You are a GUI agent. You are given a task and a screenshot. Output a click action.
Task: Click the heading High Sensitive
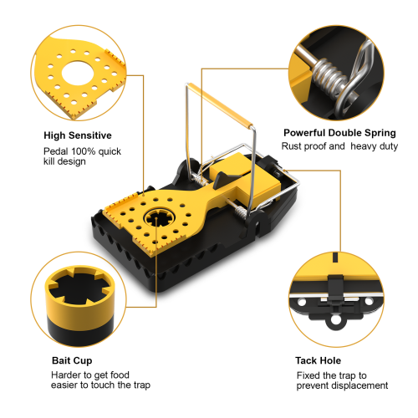tap(78, 135)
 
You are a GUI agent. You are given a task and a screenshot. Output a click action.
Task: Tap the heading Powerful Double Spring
tap(339, 133)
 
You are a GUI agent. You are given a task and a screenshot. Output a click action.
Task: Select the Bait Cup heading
tap(72, 360)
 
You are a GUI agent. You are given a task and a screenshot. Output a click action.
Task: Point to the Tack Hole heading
tap(318, 360)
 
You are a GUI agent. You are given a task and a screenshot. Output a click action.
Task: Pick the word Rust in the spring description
tap(290, 146)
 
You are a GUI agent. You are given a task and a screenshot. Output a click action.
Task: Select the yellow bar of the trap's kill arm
tap(221, 106)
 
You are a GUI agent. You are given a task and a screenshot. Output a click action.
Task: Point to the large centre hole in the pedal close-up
tap(78, 74)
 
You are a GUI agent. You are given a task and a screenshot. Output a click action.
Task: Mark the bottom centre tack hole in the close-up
tap(336, 322)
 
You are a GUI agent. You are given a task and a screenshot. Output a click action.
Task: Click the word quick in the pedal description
tap(110, 151)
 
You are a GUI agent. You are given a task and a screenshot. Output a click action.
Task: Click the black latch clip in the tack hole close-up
tap(335, 288)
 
